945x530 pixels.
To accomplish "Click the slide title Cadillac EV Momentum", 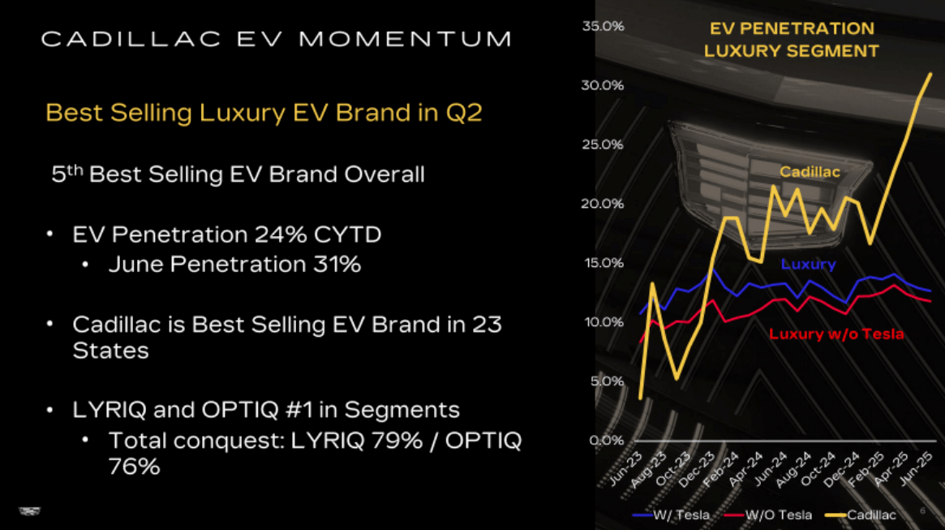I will (x=276, y=38).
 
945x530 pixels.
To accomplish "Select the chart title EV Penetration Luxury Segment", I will (x=791, y=39).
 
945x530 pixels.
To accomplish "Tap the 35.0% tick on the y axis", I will (x=603, y=26).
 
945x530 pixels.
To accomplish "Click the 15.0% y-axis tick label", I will (x=603, y=263).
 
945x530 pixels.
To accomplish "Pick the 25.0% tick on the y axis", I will (x=603, y=144).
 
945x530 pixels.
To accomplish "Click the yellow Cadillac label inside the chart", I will (x=810, y=172).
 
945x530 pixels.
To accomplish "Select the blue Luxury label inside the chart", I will (x=808, y=264).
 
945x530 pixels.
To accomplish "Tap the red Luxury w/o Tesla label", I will (x=836, y=334).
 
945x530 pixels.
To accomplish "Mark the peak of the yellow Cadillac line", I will (x=930, y=74).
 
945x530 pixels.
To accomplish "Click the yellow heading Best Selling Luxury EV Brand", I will (x=264, y=112).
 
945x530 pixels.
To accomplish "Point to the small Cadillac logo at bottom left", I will (x=29, y=511).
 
